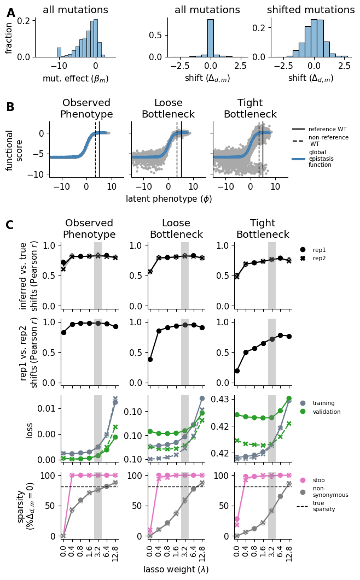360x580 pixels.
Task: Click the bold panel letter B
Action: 10,107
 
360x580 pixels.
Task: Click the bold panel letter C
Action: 10,225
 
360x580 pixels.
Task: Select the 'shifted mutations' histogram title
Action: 311,10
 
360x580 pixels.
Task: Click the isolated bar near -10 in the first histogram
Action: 59,52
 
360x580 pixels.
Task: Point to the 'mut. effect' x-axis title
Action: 76,79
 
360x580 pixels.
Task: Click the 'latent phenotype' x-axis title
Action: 169,199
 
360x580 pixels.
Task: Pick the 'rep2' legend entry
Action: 318,258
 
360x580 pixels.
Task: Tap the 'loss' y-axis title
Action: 30,430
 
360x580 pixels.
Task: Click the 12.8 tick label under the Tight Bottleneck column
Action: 289,552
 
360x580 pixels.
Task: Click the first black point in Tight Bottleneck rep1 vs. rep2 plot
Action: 237,371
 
